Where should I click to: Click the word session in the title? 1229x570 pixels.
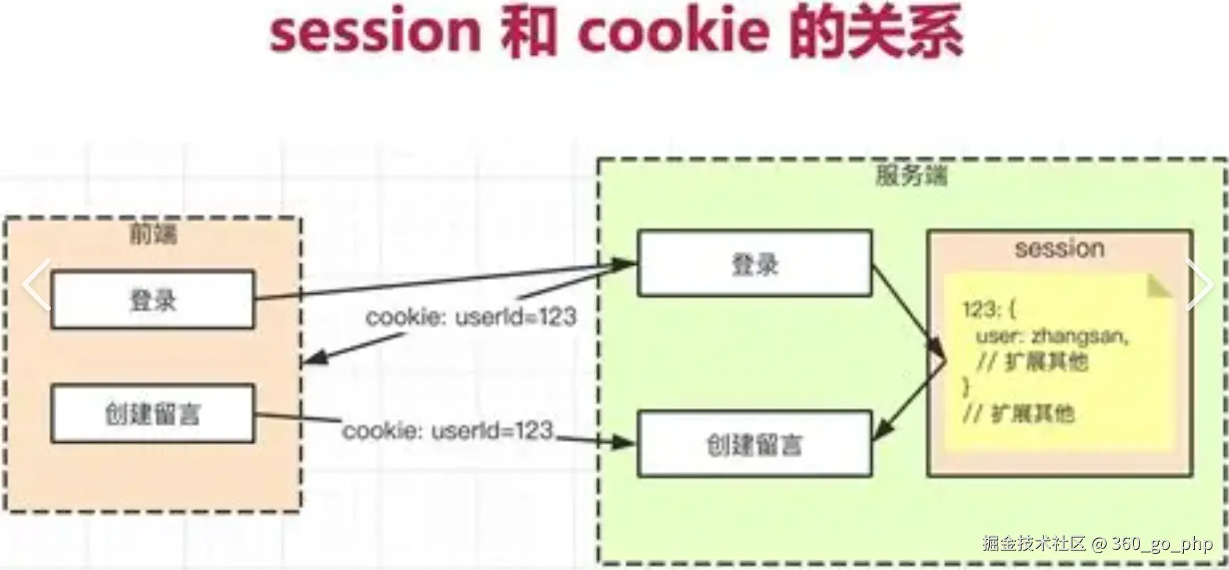pyautogui.click(x=375, y=32)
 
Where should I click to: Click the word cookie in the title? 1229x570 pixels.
pyautogui.click(x=674, y=32)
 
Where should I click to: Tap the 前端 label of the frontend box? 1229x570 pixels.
pyautogui.click(x=154, y=234)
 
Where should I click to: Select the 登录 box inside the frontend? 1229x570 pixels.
pyautogui.click(x=153, y=300)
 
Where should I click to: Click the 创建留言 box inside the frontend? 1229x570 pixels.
pyautogui.click(x=153, y=414)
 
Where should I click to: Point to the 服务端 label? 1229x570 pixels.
pyautogui.click(x=911, y=175)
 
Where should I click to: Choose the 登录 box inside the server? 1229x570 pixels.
pyautogui.click(x=755, y=264)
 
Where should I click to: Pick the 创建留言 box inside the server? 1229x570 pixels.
pyautogui.click(x=755, y=444)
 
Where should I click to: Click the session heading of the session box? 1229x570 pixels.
pyautogui.click(x=1059, y=248)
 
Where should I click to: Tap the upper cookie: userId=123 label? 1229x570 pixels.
pyautogui.click(x=471, y=317)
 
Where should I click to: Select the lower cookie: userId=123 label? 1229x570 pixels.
pyautogui.click(x=448, y=431)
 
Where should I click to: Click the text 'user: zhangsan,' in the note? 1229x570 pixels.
pyautogui.click(x=1052, y=336)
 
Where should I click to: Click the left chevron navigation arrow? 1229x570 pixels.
pyautogui.click(x=35, y=284)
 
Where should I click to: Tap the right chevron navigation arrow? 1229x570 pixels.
pyautogui.click(x=1199, y=284)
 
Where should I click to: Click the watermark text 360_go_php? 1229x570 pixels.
pyautogui.click(x=1162, y=543)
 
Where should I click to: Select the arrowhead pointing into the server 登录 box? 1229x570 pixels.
pyautogui.click(x=625, y=263)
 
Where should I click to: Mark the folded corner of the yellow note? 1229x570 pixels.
pyautogui.click(x=1159, y=286)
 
